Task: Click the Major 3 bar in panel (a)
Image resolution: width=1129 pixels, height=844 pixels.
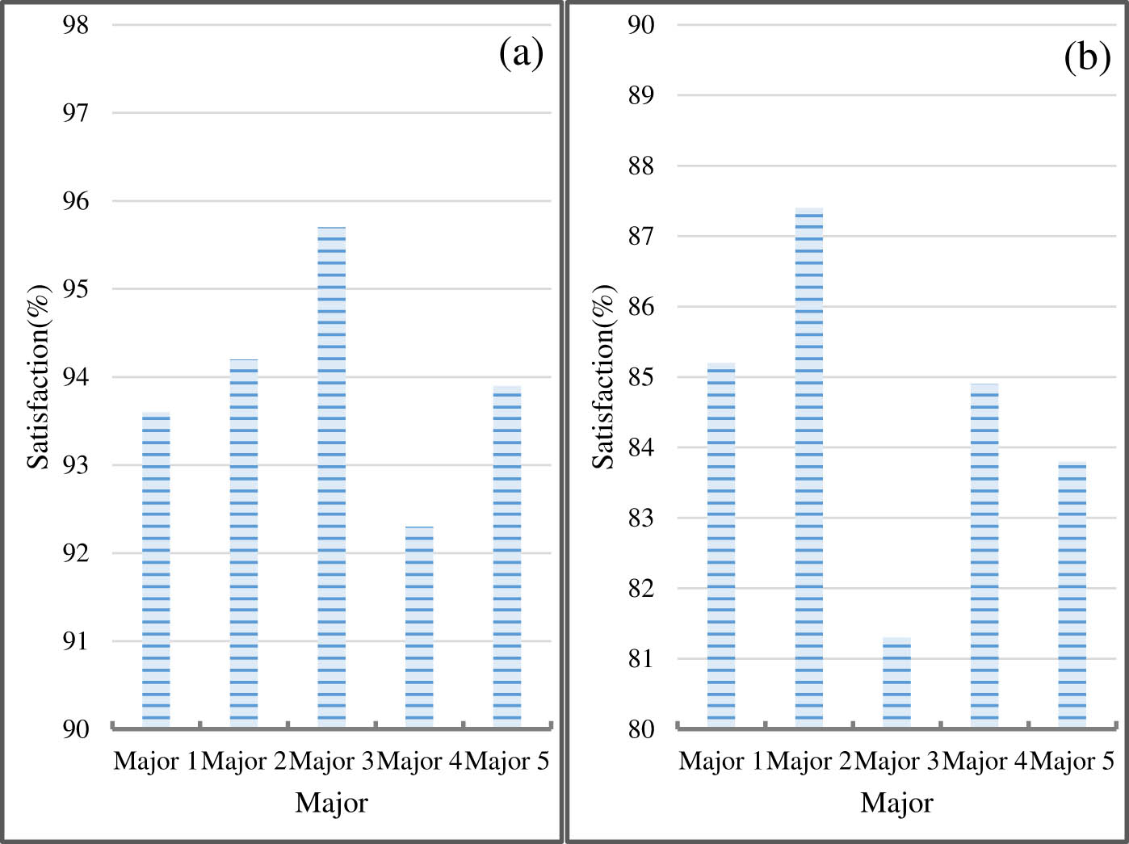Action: click(x=331, y=477)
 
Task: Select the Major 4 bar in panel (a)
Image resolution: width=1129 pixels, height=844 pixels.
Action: click(x=419, y=627)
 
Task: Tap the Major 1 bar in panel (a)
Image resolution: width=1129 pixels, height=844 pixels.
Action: click(x=156, y=570)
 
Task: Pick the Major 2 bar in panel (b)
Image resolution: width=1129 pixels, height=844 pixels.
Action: click(x=809, y=468)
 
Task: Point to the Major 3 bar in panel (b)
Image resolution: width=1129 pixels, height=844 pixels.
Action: click(x=896, y=683)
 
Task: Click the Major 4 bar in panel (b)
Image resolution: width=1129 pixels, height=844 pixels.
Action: click(x=984, y=556)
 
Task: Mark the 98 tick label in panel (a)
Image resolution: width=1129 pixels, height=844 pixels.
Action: click(x=76, y=25)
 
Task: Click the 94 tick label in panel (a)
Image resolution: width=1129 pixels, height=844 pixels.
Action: click(x=76, y=377)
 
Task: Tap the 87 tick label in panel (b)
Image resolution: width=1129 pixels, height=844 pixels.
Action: click(x=641, y=237)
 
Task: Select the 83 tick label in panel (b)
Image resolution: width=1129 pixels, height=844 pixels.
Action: click(x=641, y=518)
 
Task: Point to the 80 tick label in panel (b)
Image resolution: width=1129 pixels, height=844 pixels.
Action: click(x=641, y=729)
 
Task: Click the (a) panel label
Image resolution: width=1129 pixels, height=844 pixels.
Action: click(x=522, y=55)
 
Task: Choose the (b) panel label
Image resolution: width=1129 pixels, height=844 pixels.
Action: click(x=1087, y=58)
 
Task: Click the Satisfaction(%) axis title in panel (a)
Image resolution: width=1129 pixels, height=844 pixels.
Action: click(x=39, y=376)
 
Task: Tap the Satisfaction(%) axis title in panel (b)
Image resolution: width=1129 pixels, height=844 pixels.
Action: click(x=604, y=376)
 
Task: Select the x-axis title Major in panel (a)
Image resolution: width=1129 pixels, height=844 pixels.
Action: click(x=331, y=803)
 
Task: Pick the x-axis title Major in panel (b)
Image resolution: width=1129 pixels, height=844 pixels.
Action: click(x=896, y=803)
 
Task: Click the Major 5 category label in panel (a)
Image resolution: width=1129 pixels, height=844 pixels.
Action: click(x=507, y=762)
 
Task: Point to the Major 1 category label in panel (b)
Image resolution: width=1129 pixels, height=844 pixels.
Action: click(x=720, y=762)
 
